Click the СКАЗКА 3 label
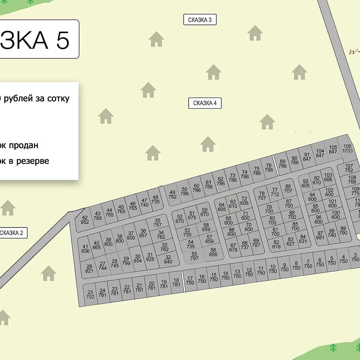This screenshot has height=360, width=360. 200,20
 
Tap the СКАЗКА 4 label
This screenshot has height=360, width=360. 205,103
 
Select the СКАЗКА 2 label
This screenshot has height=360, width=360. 12,233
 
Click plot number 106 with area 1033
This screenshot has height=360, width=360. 347,149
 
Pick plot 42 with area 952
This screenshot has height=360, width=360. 85,220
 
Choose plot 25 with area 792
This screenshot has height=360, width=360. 90,294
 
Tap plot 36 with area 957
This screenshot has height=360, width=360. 143,234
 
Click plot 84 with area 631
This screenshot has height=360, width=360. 303,239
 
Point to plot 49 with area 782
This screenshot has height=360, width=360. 172,195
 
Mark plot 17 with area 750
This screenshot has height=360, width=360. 190,280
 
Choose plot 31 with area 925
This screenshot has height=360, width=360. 150,257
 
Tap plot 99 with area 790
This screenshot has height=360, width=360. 343,231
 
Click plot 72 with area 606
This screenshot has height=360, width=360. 244,201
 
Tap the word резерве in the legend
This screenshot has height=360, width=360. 32,161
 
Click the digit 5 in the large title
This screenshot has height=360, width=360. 63,40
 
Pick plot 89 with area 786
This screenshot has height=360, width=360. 283,164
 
